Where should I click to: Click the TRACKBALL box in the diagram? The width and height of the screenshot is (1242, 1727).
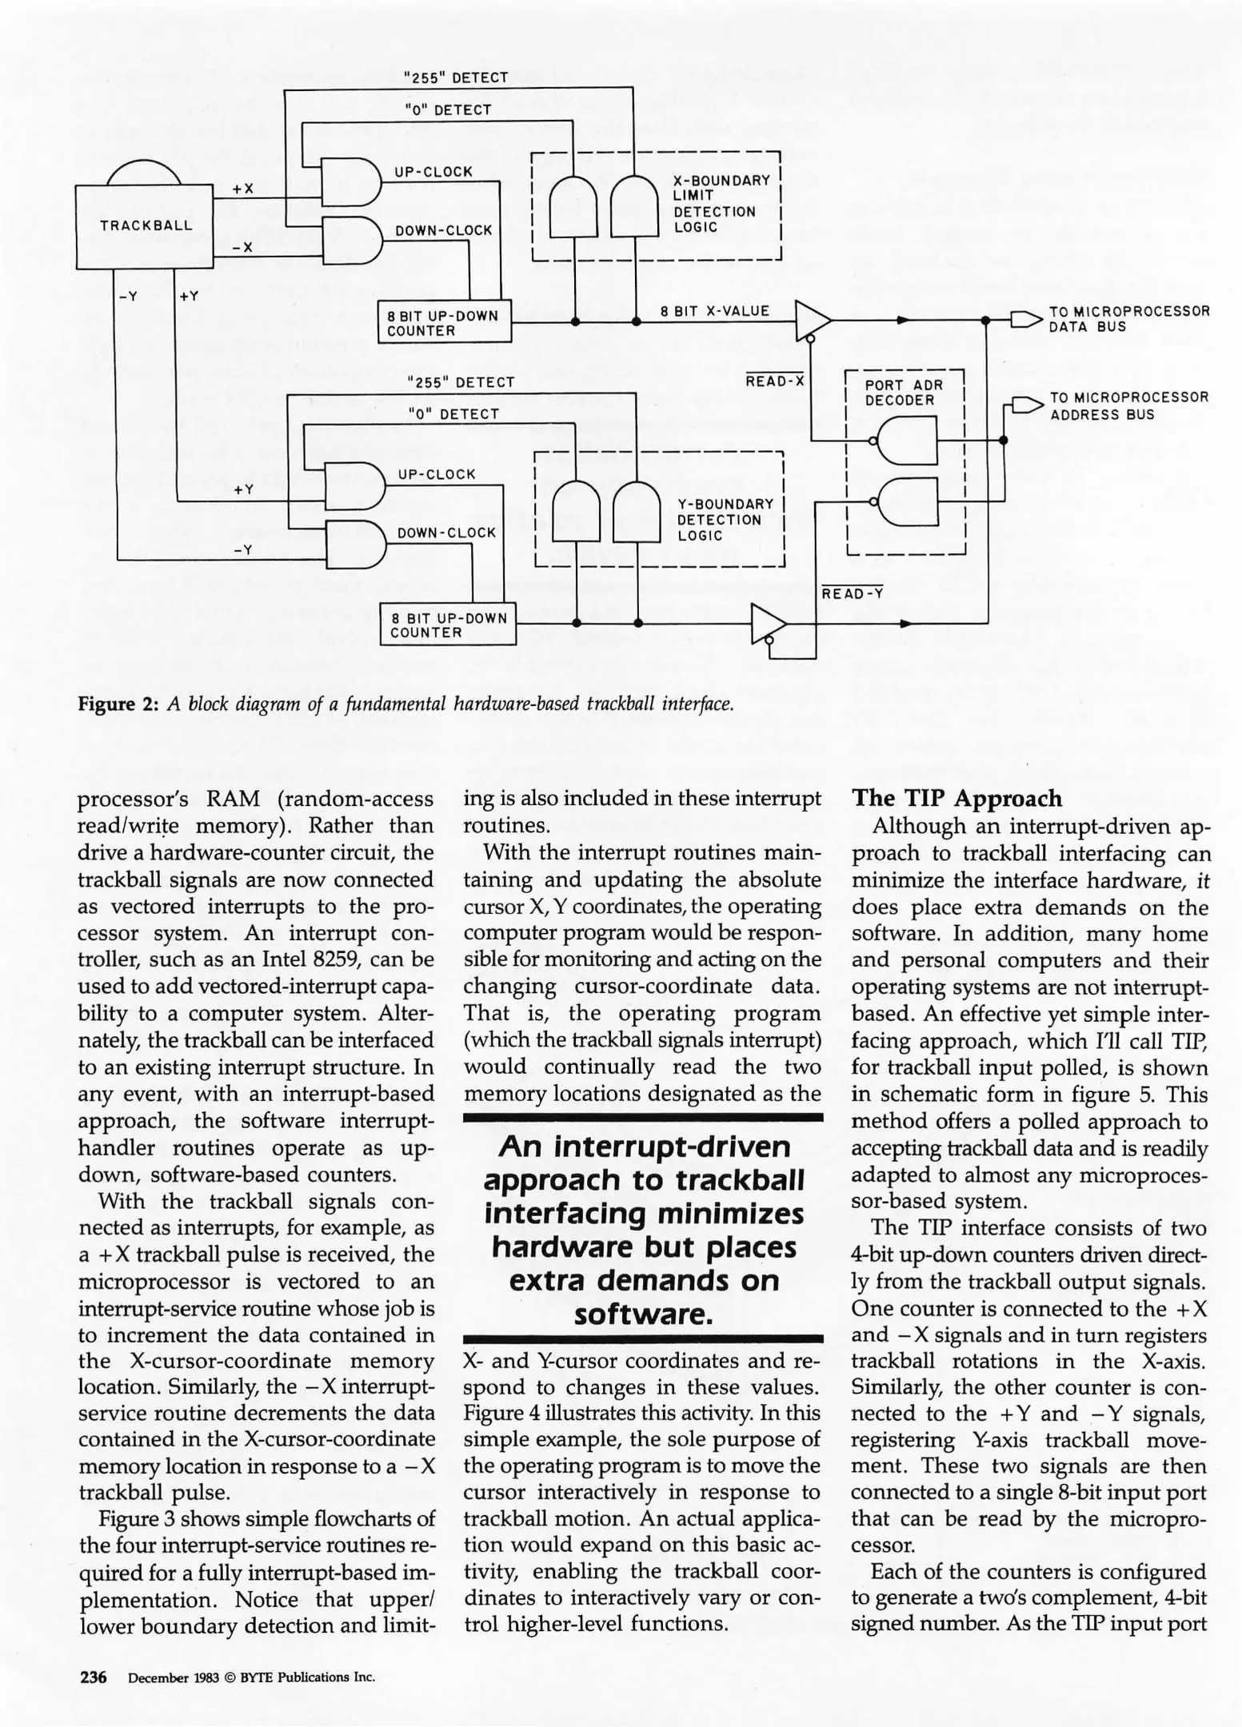[x=146, y=225]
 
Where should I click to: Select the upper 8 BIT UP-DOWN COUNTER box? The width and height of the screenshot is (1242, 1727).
[x=443, y=323]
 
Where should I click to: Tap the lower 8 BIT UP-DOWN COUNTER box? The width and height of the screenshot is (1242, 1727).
[x=447, y=625]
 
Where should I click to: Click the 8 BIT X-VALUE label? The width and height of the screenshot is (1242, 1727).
[x=715, y=311]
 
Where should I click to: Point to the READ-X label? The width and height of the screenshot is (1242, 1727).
[x=774, y=382]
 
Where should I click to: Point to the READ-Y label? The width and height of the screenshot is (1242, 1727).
[x=853, y=594]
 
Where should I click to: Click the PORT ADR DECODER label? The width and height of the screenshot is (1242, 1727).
[x=903, y=393]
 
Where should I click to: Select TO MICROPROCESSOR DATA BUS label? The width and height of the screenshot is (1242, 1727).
[x=1128, y=319]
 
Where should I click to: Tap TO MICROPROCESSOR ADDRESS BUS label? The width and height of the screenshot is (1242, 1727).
[x=1128, y=406]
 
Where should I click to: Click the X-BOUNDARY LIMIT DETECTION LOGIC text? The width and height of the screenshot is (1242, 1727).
[x=721, y=204]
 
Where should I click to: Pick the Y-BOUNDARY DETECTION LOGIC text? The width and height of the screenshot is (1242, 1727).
[x=725, y=520]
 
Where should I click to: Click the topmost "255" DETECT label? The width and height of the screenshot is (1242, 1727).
[x=456, y=78]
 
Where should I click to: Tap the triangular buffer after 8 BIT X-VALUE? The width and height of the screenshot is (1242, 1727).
[x=811, y=320]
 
